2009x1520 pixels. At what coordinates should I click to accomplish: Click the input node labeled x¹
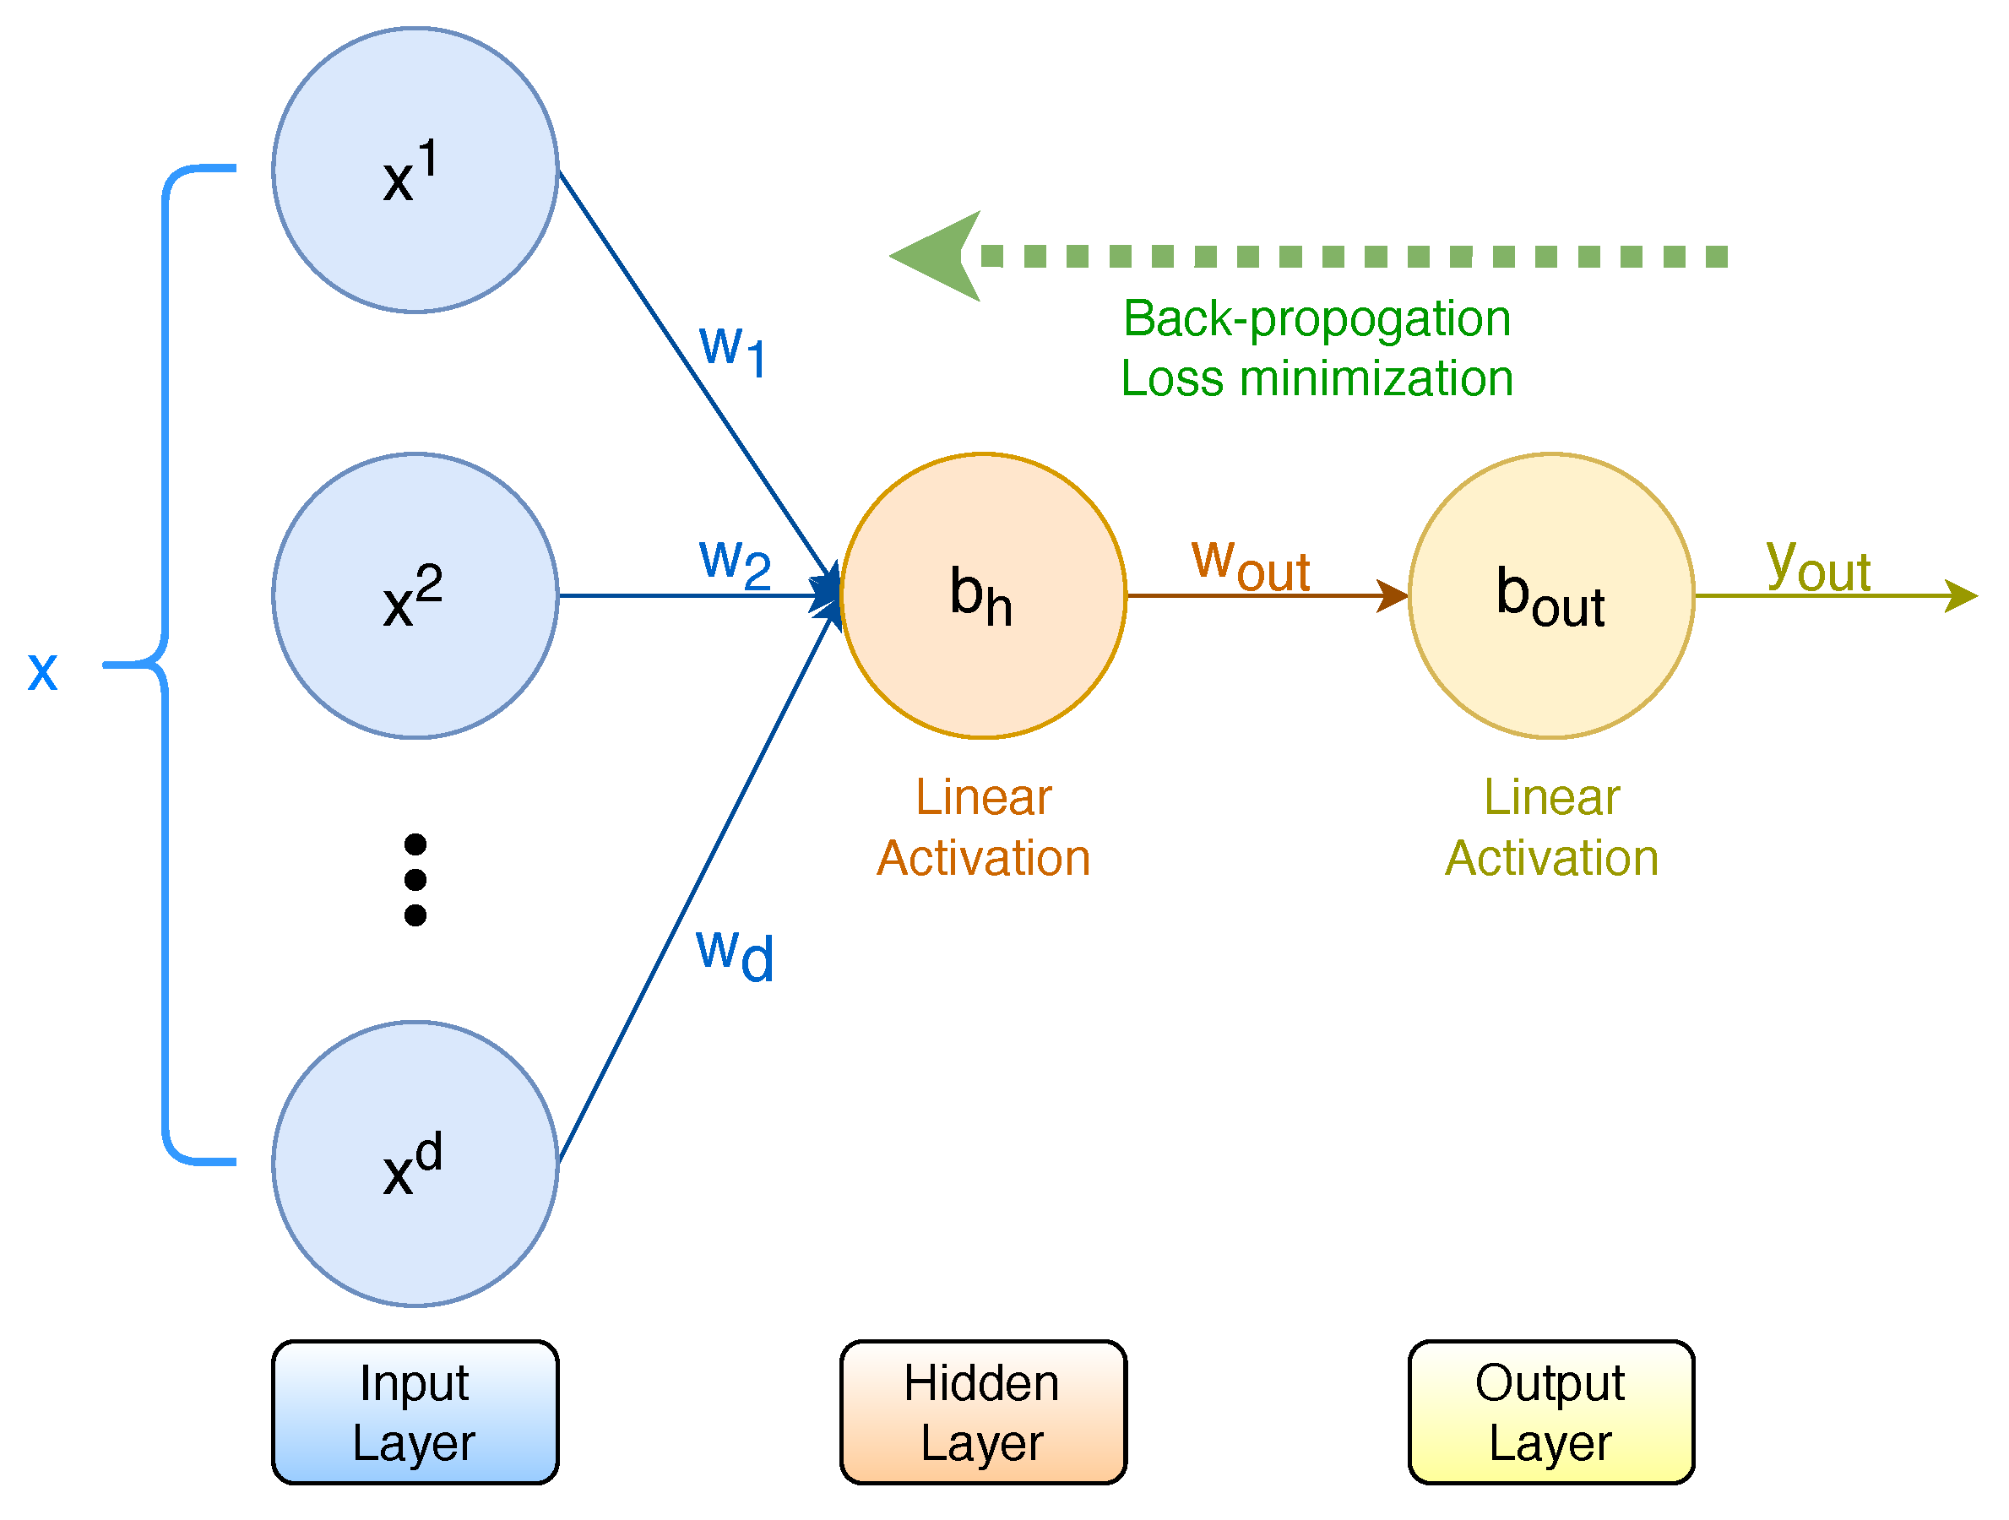[415, 171]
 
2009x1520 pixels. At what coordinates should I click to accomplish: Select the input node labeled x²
[415, 596]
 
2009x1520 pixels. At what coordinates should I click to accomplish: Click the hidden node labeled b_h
[984, 596]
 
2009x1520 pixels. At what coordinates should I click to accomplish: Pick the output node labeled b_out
[1551, 596]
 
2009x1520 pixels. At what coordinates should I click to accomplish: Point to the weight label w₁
[733, 350]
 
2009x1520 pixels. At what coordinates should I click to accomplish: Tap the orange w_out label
[1251, 565]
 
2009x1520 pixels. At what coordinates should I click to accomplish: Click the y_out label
[1818, 565]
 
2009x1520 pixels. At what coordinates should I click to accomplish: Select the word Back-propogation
[1317, 318]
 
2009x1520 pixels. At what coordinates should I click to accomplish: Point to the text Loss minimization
[1317, 378]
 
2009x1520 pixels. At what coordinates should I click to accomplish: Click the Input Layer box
[415, 1413]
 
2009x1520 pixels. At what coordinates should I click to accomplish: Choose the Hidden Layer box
[984, 1413]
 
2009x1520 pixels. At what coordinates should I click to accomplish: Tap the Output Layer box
[1551, 1413]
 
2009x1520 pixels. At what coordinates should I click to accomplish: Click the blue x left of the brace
[43, 672]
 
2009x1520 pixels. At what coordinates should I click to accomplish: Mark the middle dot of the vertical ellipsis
[415, 880]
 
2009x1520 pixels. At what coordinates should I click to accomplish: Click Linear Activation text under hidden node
[984, 828]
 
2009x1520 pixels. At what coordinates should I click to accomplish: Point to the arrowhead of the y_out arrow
[1963, 596]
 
